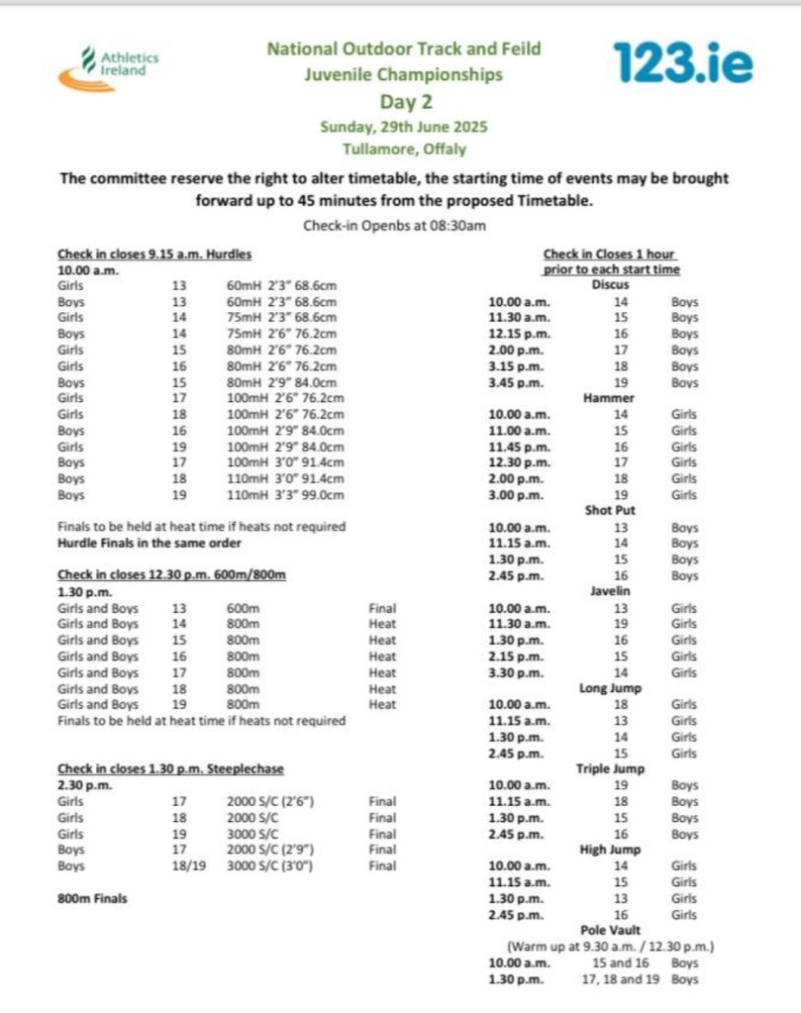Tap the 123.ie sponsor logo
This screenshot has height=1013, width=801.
click(682, 62)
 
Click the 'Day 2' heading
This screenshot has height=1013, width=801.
click(405, 101)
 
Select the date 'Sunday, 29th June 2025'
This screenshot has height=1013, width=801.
click(404, 127)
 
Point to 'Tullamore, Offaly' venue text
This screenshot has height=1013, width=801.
click(404, 150)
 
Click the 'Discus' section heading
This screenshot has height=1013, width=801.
click(611, 285)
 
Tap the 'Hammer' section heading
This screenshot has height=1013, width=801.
click(611, 398)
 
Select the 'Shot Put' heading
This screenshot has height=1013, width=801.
click(611, 511)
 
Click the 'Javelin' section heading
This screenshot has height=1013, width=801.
click(611, 591)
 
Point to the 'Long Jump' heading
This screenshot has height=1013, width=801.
click(611, 688)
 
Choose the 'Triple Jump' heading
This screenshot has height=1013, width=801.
click(611, 768)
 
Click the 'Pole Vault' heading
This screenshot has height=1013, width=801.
click(611, 930)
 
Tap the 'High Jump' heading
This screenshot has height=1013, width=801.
click(611, 850)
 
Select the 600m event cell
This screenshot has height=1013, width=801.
click(243, 608)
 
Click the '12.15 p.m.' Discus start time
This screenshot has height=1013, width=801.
click(521, 334)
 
